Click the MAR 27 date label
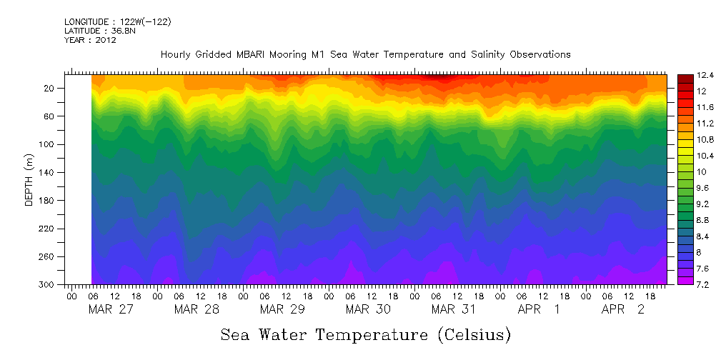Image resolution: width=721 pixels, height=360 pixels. point(111,309)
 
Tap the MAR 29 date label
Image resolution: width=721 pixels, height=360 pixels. point(282,309)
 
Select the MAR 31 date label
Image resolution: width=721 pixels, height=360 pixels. point(454,309)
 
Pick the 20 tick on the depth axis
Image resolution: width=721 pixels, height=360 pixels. point(50,88)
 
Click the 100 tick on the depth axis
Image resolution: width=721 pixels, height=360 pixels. point(48,144)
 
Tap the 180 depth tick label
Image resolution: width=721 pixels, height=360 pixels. point(48,201)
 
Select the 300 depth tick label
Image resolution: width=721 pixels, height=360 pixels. point(48,284)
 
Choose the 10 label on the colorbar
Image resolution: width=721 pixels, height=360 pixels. point(682,172)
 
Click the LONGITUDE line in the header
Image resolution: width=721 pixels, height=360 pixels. point(117,22)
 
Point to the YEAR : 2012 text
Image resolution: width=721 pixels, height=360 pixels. point(90,40)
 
